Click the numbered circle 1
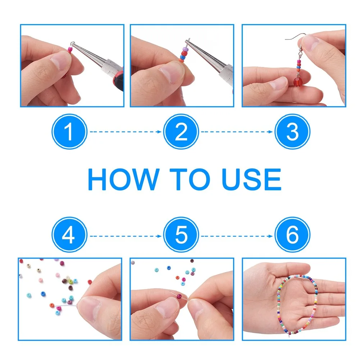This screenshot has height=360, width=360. (69, 132)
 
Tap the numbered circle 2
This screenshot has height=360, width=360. (181, 132)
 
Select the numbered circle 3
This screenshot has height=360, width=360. (292, 132)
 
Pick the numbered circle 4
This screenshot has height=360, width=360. (69, 234)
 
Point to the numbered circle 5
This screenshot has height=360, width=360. (181, 234)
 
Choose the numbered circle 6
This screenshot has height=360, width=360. (292, 234)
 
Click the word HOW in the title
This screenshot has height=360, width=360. (124, 179)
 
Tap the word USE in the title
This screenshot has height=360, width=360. (251, 179)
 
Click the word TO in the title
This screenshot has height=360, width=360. (190, 179)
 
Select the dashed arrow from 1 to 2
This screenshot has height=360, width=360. (126, 132)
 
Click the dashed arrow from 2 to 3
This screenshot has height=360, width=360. (237, 132)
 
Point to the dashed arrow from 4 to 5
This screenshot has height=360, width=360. (126, 236)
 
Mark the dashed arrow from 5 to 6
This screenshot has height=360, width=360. (237, 236)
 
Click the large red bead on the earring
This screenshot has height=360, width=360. (298, 82)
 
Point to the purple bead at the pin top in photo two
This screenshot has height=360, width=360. (185, 49)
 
